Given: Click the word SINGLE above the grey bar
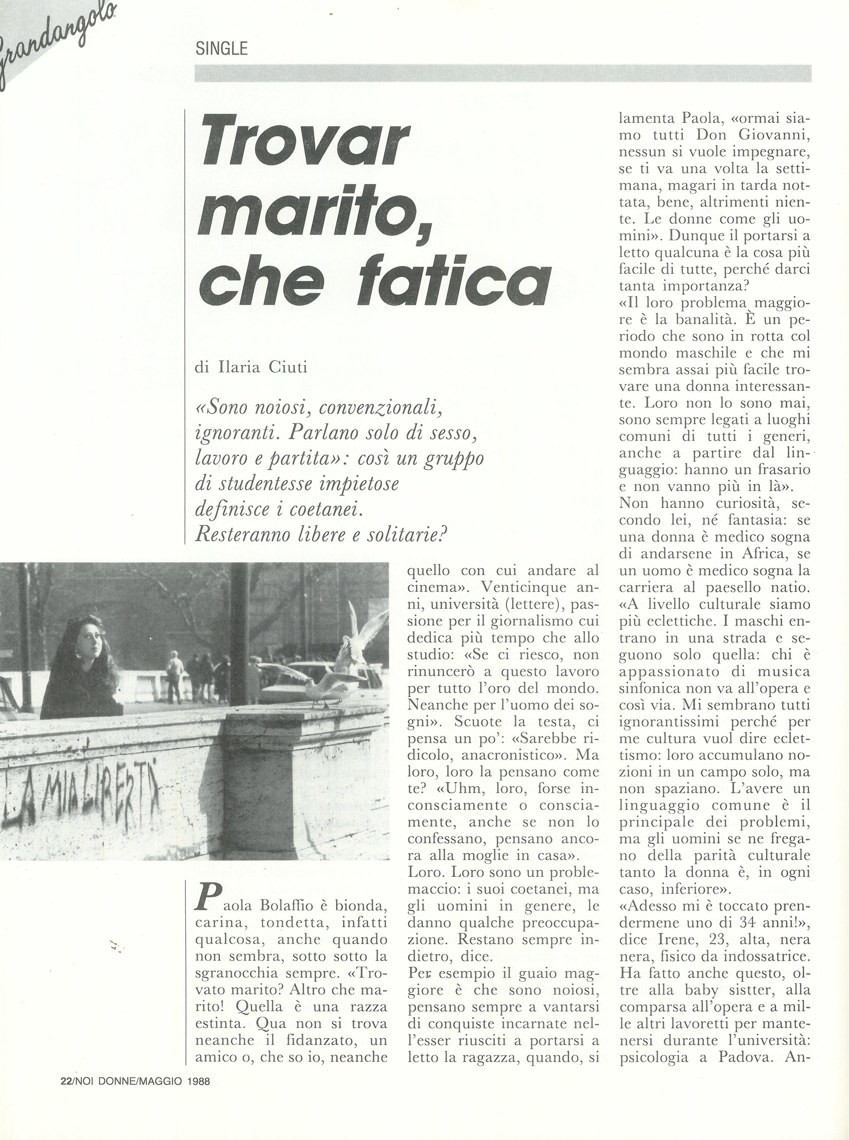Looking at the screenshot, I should pyautogui.click(x=222, y=49).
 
